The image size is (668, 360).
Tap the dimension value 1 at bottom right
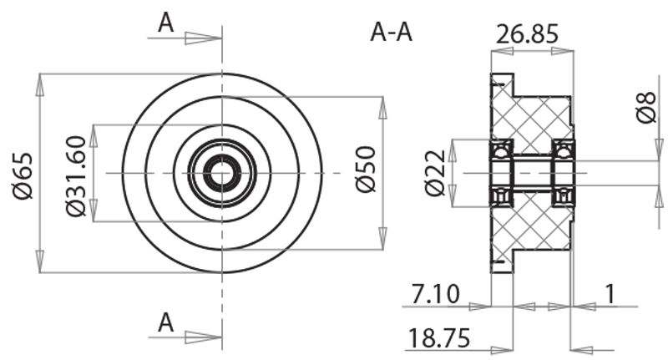pyautogui.click(x=610, y=293)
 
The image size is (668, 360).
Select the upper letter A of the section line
pyautogui.click(x=166, y=23)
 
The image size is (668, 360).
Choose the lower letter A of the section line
pyautogui.click(x=166, y=322)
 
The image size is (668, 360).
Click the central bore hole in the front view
pyautogui.click(x=222, y=174)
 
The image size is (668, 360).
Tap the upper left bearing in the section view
pyautogui.click(x=501, y=150)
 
